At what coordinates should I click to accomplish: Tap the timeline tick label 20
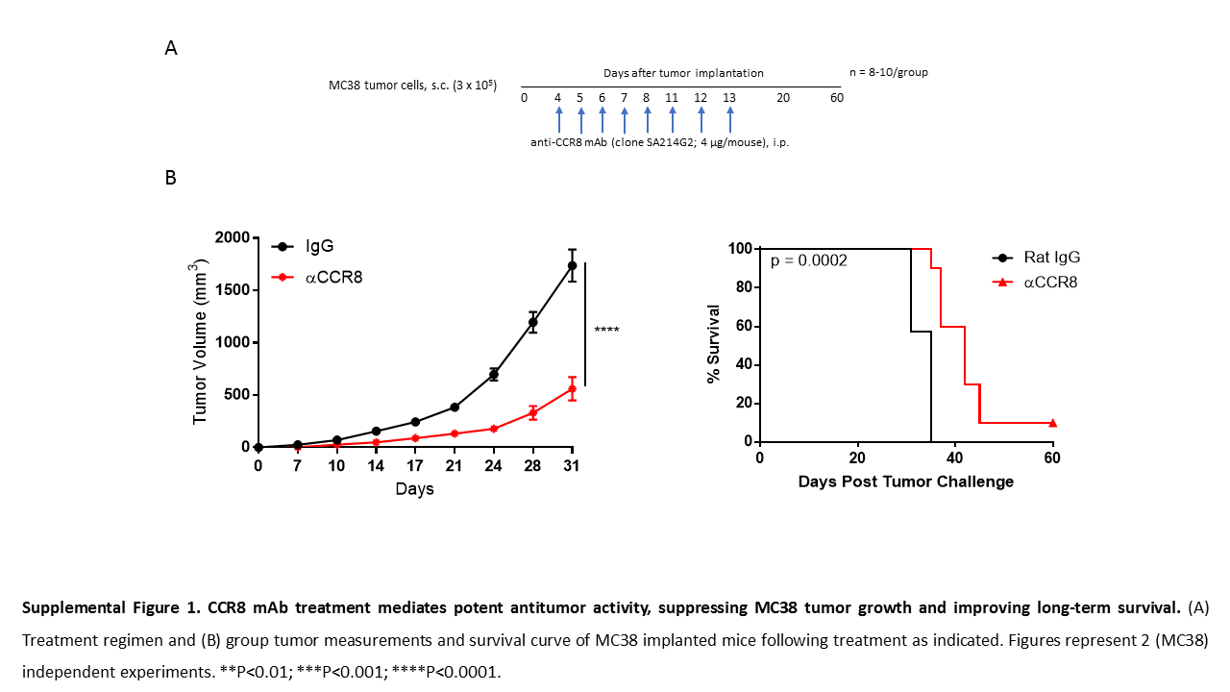tap(783, 98)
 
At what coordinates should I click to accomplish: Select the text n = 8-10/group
tap(888, 72)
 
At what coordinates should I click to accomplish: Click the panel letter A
tap(171, 49)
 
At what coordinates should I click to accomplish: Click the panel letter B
tap(171, 178)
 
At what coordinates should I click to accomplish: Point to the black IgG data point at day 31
tap(572, 265)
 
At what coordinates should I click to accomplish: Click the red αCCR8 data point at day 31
tap(572, 389)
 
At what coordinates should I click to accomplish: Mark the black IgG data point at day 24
tap(494, 374)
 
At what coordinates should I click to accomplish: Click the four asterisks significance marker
tap(606, 332)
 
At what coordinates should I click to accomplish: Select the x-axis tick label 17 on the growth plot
tap(415, 467)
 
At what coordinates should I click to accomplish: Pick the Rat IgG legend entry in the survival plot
tap(1051, 258)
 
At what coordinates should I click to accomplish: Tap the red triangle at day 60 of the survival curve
tap(1052, 423)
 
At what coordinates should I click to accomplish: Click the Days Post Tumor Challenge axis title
tap(905, 482)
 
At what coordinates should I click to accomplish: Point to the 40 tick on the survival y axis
tap(743, 364)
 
